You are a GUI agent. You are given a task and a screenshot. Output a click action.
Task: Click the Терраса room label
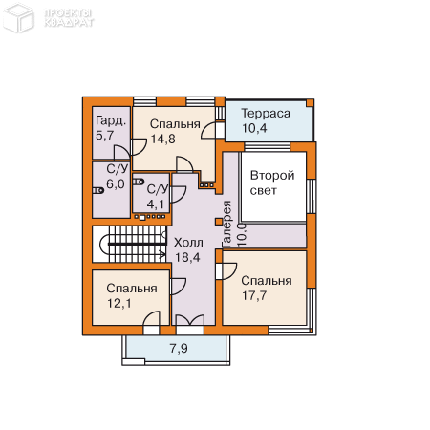266,114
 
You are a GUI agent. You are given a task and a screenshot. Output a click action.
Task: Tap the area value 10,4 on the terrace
254,128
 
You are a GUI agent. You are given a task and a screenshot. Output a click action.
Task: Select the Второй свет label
272,183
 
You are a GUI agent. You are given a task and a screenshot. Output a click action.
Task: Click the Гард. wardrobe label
111,121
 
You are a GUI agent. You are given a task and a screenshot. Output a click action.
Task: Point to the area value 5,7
105,136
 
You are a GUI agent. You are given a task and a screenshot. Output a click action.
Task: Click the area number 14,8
163,139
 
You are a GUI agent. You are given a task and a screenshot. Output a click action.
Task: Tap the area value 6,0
116,184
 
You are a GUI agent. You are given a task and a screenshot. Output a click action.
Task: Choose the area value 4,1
156,204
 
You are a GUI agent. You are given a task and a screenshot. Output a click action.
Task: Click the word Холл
188,243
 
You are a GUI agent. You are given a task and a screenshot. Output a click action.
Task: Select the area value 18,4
187,257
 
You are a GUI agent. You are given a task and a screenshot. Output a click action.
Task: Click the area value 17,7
254,295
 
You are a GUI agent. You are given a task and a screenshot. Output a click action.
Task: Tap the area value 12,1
119,304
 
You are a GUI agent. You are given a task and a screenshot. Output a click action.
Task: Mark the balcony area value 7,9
179,349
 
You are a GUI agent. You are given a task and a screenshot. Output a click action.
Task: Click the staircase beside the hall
129,244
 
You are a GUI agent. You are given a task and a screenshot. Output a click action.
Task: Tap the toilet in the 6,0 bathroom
98,191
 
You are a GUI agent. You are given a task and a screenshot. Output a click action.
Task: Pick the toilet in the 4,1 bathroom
139,182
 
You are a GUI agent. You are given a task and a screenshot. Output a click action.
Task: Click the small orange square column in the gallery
219,222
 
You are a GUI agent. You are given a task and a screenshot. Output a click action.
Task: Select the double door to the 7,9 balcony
190,320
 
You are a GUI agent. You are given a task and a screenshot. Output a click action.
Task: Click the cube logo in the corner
18,18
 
